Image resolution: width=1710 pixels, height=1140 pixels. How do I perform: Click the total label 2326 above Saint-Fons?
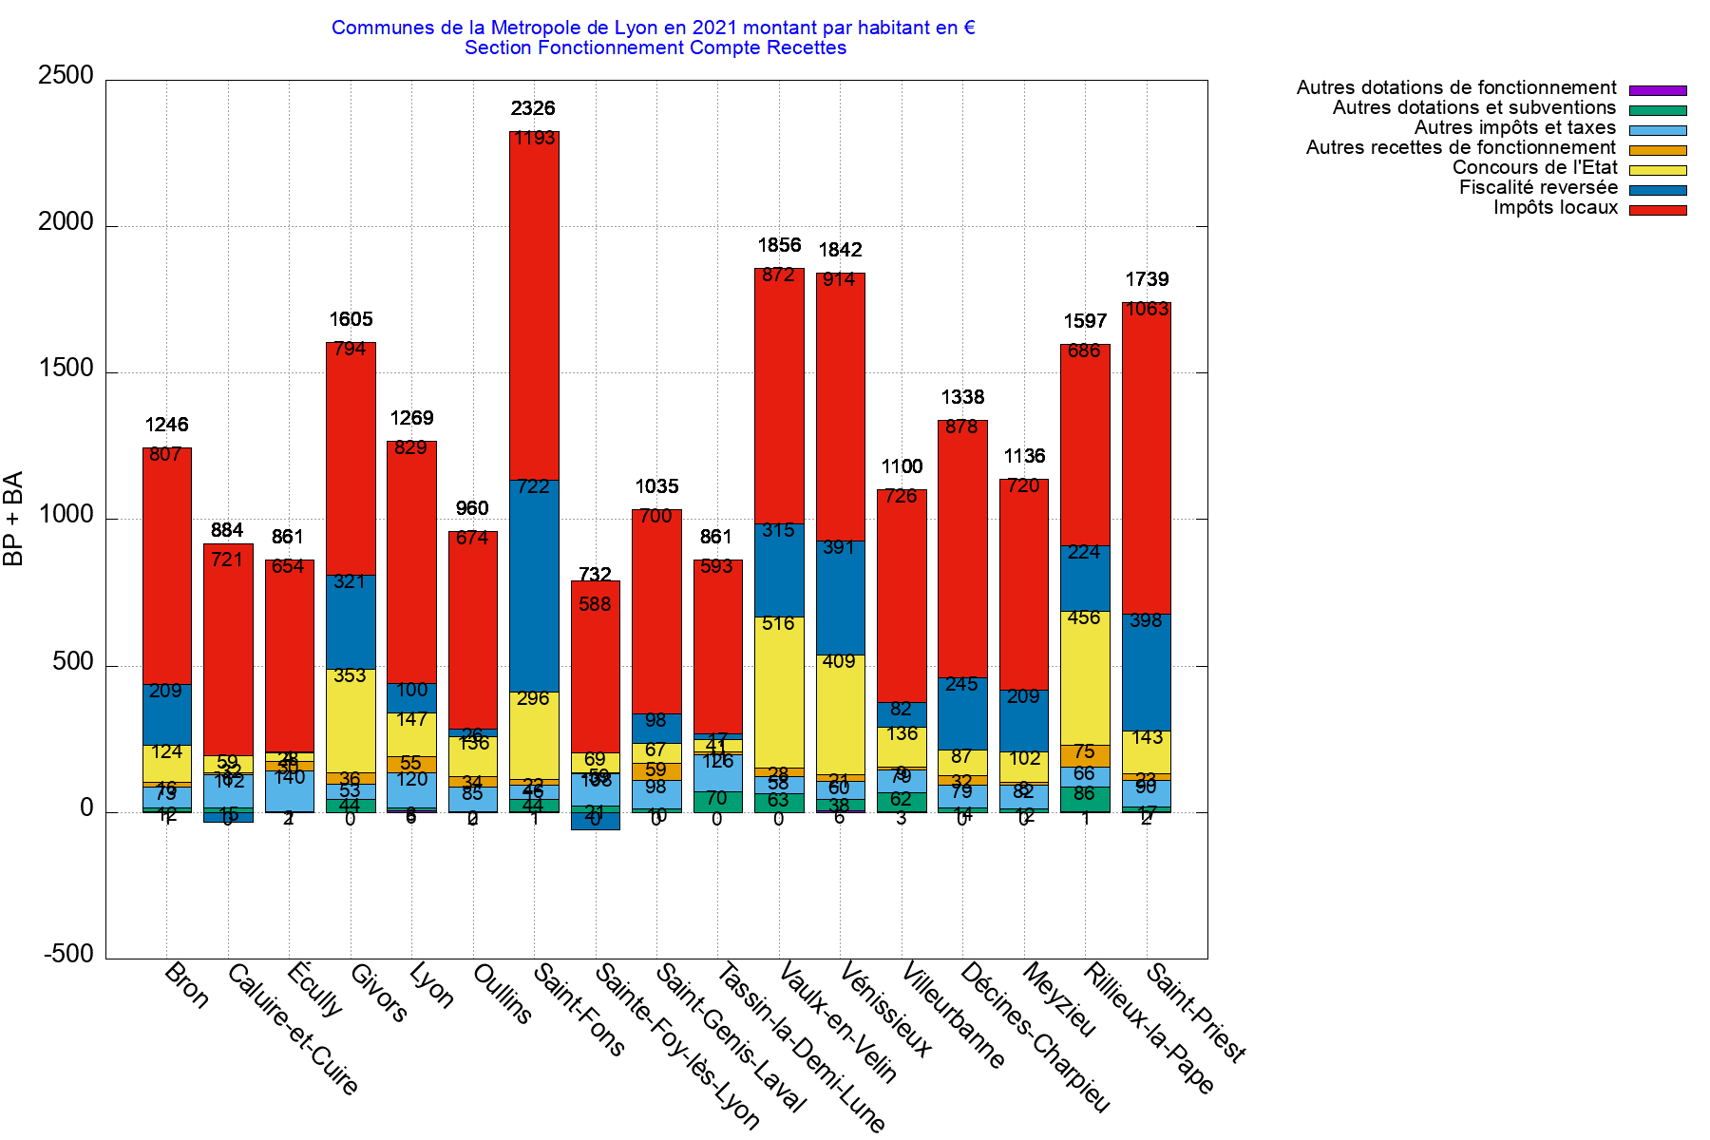[533, 109]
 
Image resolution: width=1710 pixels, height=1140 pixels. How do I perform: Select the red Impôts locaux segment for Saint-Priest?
[1147, 456]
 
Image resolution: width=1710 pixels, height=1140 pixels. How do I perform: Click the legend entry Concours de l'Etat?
[1534, 168]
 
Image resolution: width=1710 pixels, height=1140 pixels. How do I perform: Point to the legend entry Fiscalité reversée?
[1538, 188]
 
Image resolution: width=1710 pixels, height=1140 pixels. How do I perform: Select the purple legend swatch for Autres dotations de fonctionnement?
[1658, 90]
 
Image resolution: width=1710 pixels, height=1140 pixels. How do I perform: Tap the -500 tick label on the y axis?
[68, 955]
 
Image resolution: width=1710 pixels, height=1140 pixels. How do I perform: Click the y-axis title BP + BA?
[13, 519]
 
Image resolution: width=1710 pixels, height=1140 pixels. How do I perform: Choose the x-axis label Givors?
[378, 993]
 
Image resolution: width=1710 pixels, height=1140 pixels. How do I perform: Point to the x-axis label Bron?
[186, 985]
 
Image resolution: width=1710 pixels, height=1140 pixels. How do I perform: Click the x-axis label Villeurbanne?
[952, 1015]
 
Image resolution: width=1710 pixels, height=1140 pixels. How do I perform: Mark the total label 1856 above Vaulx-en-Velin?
[779, 246]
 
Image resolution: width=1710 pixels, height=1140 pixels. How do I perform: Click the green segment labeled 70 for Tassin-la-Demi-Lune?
[717, 801]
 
